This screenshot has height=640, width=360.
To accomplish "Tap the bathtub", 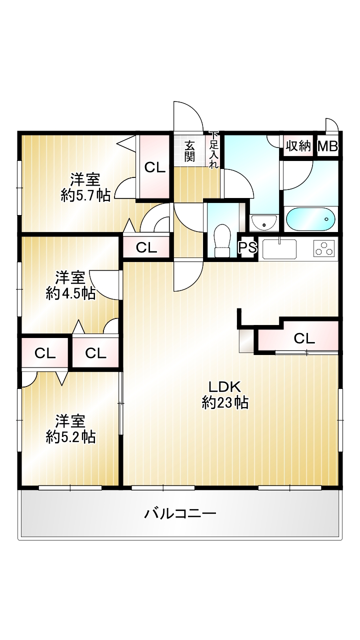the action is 311,219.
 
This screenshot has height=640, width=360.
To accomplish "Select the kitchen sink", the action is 279,248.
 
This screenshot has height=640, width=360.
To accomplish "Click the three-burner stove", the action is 324,248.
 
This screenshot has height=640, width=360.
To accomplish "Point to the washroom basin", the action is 263,223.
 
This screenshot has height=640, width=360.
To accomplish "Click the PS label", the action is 247,247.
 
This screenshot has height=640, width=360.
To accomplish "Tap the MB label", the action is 328,146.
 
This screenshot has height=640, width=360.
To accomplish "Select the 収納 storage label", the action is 298,146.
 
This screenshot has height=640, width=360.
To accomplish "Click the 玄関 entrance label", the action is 189,151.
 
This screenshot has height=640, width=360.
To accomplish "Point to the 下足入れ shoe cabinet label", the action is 214,150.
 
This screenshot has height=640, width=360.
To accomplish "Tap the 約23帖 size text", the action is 225,403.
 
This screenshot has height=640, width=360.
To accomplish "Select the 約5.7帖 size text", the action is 85,195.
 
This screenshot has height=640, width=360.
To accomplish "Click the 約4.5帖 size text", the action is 70,293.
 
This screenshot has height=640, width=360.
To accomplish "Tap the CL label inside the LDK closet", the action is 304,339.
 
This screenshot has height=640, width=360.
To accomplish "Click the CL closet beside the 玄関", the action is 155,167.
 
